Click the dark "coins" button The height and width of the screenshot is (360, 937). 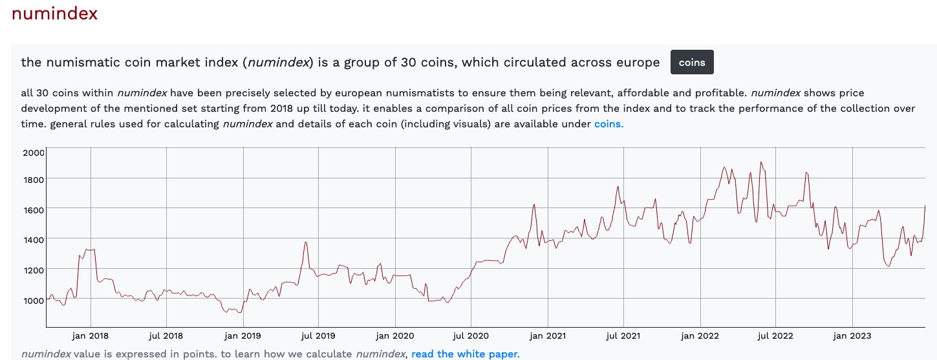tap(692, 63)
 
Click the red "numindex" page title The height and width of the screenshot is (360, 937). tap(54, 14)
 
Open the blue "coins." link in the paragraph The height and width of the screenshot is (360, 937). tap(609, 124)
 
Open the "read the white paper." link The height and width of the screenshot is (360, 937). tap(465, 354)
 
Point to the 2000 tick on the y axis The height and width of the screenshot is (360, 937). tap(33, 153)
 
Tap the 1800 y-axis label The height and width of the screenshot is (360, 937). tap(33, 179)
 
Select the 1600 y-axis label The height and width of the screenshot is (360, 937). tap(33, 209)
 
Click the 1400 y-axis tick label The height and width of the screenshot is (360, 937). tap(33, 240)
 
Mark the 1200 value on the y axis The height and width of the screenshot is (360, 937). tap(33, 270)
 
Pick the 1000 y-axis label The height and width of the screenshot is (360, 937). tap(33, 300)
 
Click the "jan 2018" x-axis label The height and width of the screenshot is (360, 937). tap(91, 335)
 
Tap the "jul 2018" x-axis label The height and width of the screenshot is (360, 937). tap(166, 335)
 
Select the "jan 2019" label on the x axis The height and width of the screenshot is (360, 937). tap(242, 335)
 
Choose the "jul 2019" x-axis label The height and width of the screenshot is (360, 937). tap(318, 335)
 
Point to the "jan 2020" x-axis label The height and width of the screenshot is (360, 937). tap(394, 335)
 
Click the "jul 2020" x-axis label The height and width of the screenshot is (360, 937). tap(471, 335)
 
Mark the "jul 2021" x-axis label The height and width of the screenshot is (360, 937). tap(623, 335)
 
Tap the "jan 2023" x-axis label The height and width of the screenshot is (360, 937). tap(852, 335)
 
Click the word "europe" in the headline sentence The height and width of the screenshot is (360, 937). tap(636, 63)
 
